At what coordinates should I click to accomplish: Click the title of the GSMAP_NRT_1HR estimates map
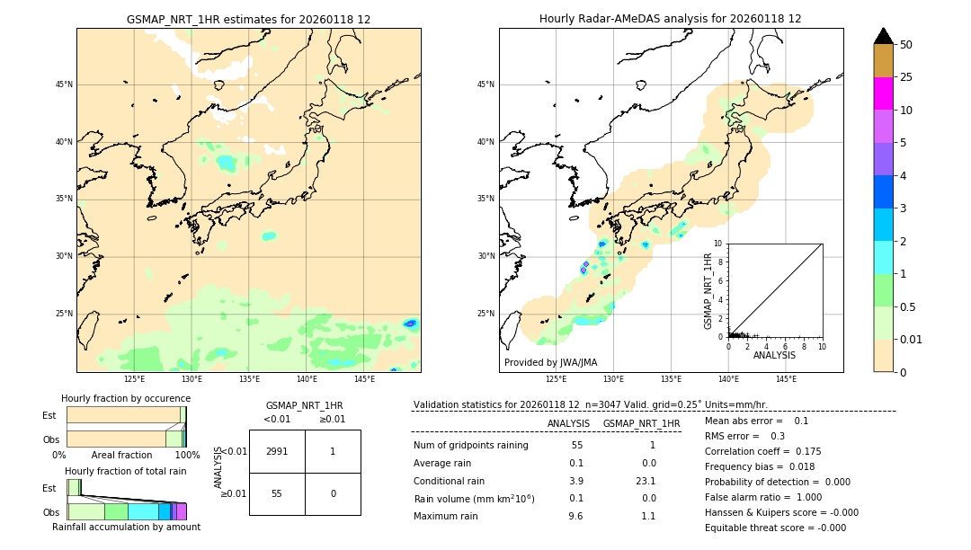coord(248,19)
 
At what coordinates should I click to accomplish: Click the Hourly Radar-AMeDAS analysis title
coord(670,19)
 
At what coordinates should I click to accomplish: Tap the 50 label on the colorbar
coord(906,45)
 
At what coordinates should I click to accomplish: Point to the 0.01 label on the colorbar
coord(912,339)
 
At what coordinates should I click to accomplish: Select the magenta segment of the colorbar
coord(883,93)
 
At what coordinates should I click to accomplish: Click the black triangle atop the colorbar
coord(883,36)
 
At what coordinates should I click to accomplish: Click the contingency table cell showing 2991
coord(277,451)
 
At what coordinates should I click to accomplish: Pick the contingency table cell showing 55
coord(277,493)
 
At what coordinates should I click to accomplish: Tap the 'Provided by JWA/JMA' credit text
coord(550,362)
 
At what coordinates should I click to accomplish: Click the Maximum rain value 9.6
coord(575,516)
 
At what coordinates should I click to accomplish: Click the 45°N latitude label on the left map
coord(64,84)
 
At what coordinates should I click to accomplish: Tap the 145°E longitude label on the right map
coord(786,379)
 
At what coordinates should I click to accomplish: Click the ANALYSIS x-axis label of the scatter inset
coord(774,355)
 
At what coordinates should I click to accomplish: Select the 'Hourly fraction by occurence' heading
coord(126,398)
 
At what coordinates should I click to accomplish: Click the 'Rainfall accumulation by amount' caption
coord(126,527)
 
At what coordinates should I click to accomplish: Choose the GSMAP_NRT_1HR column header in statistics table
coord(641,423)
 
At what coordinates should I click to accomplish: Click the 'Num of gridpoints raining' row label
coord(471,446)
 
